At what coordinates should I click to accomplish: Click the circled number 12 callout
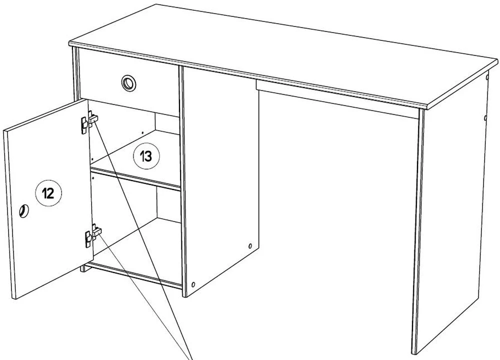48,192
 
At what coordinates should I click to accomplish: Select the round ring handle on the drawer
128,82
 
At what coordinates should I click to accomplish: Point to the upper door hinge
88,120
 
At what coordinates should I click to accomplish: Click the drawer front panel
150,85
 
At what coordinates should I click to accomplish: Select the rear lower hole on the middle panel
249,246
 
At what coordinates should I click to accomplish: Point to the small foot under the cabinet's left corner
83,268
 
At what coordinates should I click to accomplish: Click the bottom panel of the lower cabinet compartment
135,272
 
